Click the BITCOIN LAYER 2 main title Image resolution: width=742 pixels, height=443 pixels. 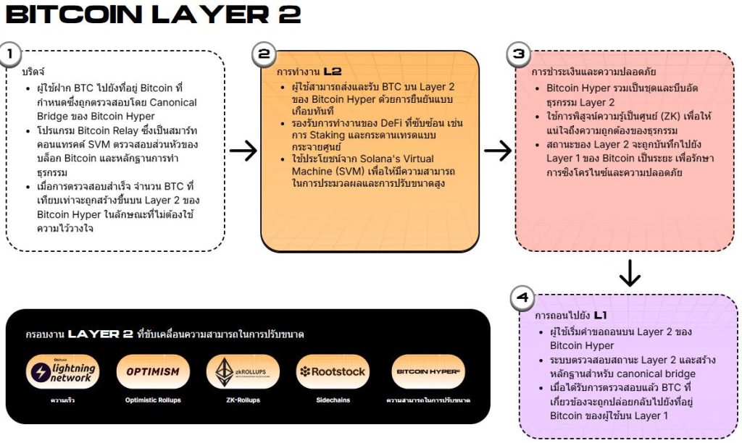[152, 16]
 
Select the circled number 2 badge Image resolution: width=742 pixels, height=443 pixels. [264, 54]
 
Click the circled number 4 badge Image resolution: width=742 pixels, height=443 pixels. [522, 298]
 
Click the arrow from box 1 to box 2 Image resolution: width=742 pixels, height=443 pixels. [243, 151]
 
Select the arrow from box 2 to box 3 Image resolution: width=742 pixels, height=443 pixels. [497, 151]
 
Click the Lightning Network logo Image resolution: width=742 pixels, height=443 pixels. [61, 372]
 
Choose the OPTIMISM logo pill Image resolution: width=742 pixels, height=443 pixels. [152, 372]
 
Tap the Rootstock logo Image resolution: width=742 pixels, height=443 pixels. [334, 372]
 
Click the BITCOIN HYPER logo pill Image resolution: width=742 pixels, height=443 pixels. [428, 372]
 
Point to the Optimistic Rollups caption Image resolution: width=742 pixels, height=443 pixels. [152, 400]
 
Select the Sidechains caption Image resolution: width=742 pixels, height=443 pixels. [334, 400]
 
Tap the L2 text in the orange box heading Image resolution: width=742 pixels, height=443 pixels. [333, 72]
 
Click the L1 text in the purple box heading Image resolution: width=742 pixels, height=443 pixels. [601, 316]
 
